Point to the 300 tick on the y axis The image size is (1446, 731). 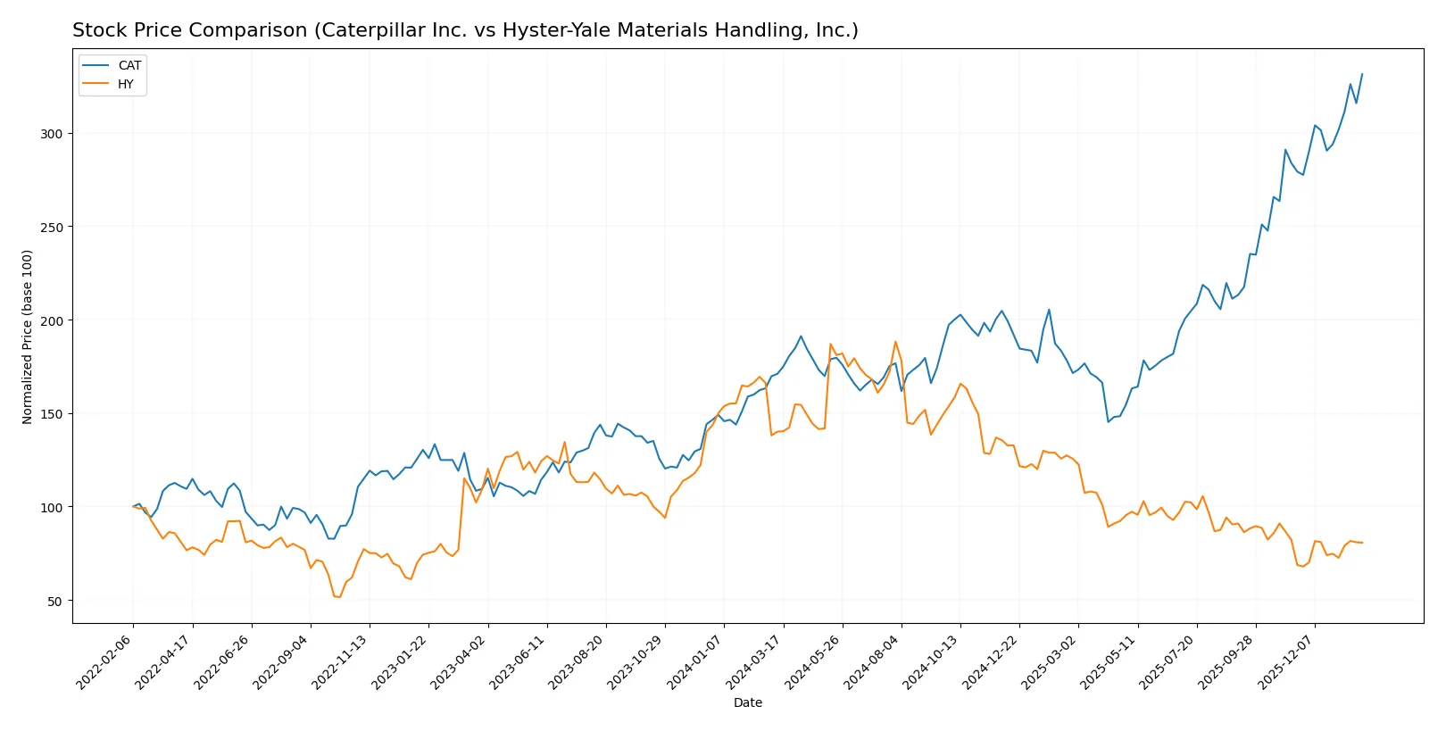coord(53,134)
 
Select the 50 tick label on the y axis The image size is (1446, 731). coord(55,601)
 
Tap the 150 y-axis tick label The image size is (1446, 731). coord(53,414)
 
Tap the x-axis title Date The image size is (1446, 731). coord(747,702)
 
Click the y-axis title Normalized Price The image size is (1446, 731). coord(28,336)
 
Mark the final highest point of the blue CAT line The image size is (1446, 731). coord(1362,74)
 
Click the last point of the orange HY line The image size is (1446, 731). coord(1362,543)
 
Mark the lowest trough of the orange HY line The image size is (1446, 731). coord(339,597)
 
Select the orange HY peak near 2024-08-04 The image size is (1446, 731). coord(895,342)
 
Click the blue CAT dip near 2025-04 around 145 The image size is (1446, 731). coord(1109,421)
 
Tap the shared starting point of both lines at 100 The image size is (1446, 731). coord(133,507)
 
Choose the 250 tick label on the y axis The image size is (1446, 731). coord(53,228)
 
